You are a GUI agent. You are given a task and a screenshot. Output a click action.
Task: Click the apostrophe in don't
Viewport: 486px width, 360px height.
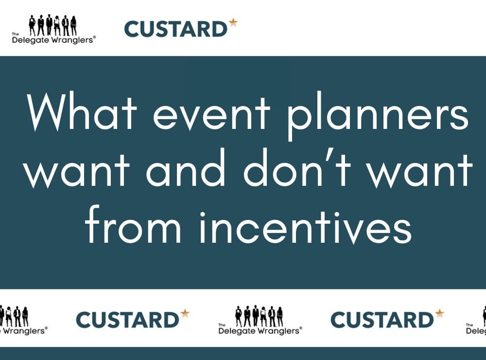coord(331,157)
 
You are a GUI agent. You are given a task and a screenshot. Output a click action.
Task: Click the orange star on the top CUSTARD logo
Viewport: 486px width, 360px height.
coord(233,22)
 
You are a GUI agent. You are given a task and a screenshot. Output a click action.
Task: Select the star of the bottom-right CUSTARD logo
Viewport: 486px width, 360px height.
coord(439,313)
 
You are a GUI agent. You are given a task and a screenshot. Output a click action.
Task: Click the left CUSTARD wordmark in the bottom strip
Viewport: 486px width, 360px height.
coord(128,320)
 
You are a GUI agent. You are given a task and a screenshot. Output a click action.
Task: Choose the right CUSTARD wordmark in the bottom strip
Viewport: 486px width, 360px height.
coord(382,320)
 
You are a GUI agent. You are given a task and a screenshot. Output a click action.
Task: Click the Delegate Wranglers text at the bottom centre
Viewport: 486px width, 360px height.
coord(260,331)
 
